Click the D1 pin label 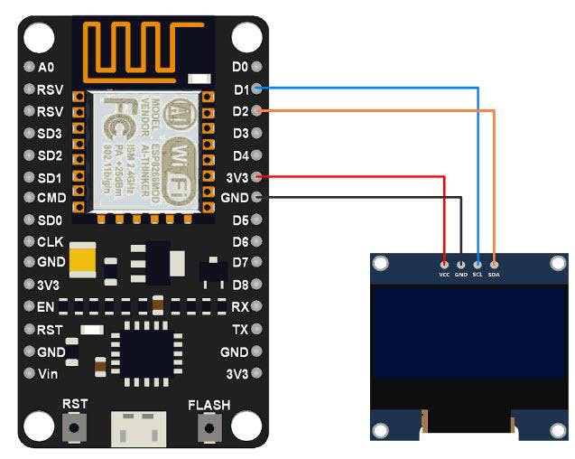[x=240, y=89]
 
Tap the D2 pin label [x=240, y=111]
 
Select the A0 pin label [x=47, y=67]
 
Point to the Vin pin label [x=48, y=373]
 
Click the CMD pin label [x=51, y=198]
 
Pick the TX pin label [x=240, y=330]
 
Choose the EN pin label [x=46, y=308]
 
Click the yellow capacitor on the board [x=82, y=259]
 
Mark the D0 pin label [x=240, y=67]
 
